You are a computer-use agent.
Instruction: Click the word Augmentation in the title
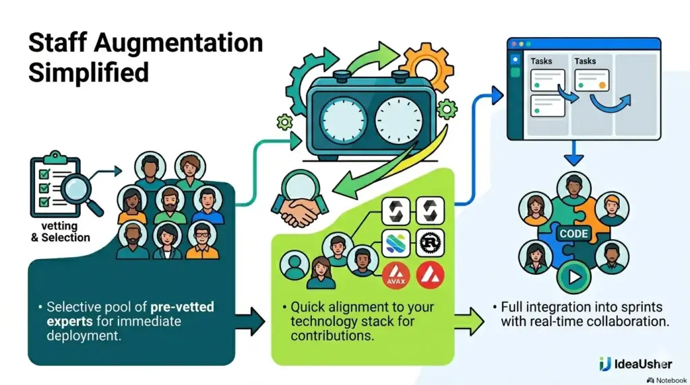(x=178, y=43)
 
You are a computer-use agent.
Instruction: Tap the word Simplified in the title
(x=88, y=73)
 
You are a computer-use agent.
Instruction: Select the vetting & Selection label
(x=60, y=232)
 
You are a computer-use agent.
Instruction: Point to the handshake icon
(x=300, y=211)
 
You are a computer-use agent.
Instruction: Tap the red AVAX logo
(x=396, y=275)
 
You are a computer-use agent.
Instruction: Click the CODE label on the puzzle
(x=573, y=234)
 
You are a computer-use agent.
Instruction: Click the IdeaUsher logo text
(x=642, y=364)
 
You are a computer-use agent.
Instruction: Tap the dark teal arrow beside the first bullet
(x=250, y=322)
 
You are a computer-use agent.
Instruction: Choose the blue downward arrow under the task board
(x=573, y=153)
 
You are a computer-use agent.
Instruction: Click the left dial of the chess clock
(x=343, y=120)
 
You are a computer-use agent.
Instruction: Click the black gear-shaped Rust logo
(x=430, y=243)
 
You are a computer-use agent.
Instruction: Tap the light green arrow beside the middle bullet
(x=469, y=322)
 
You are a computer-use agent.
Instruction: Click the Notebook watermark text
(x=670, y=380)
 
